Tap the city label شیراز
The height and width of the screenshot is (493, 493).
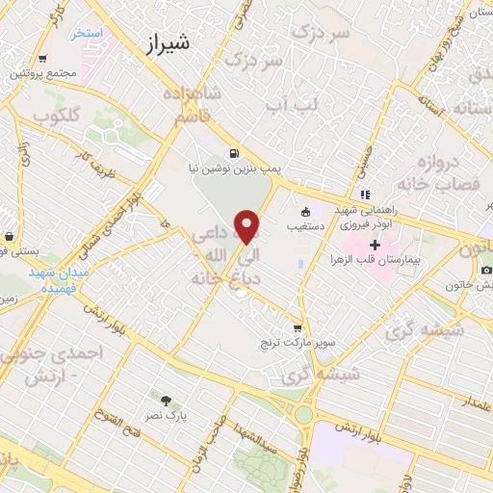(x=166, y=42)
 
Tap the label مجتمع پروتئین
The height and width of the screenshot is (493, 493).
(x=40, y=73)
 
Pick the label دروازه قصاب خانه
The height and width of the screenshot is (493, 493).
(x=441, y=171)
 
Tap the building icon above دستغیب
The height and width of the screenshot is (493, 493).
(x=306, y=213)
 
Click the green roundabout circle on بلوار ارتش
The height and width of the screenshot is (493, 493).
(x=304, y=414)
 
